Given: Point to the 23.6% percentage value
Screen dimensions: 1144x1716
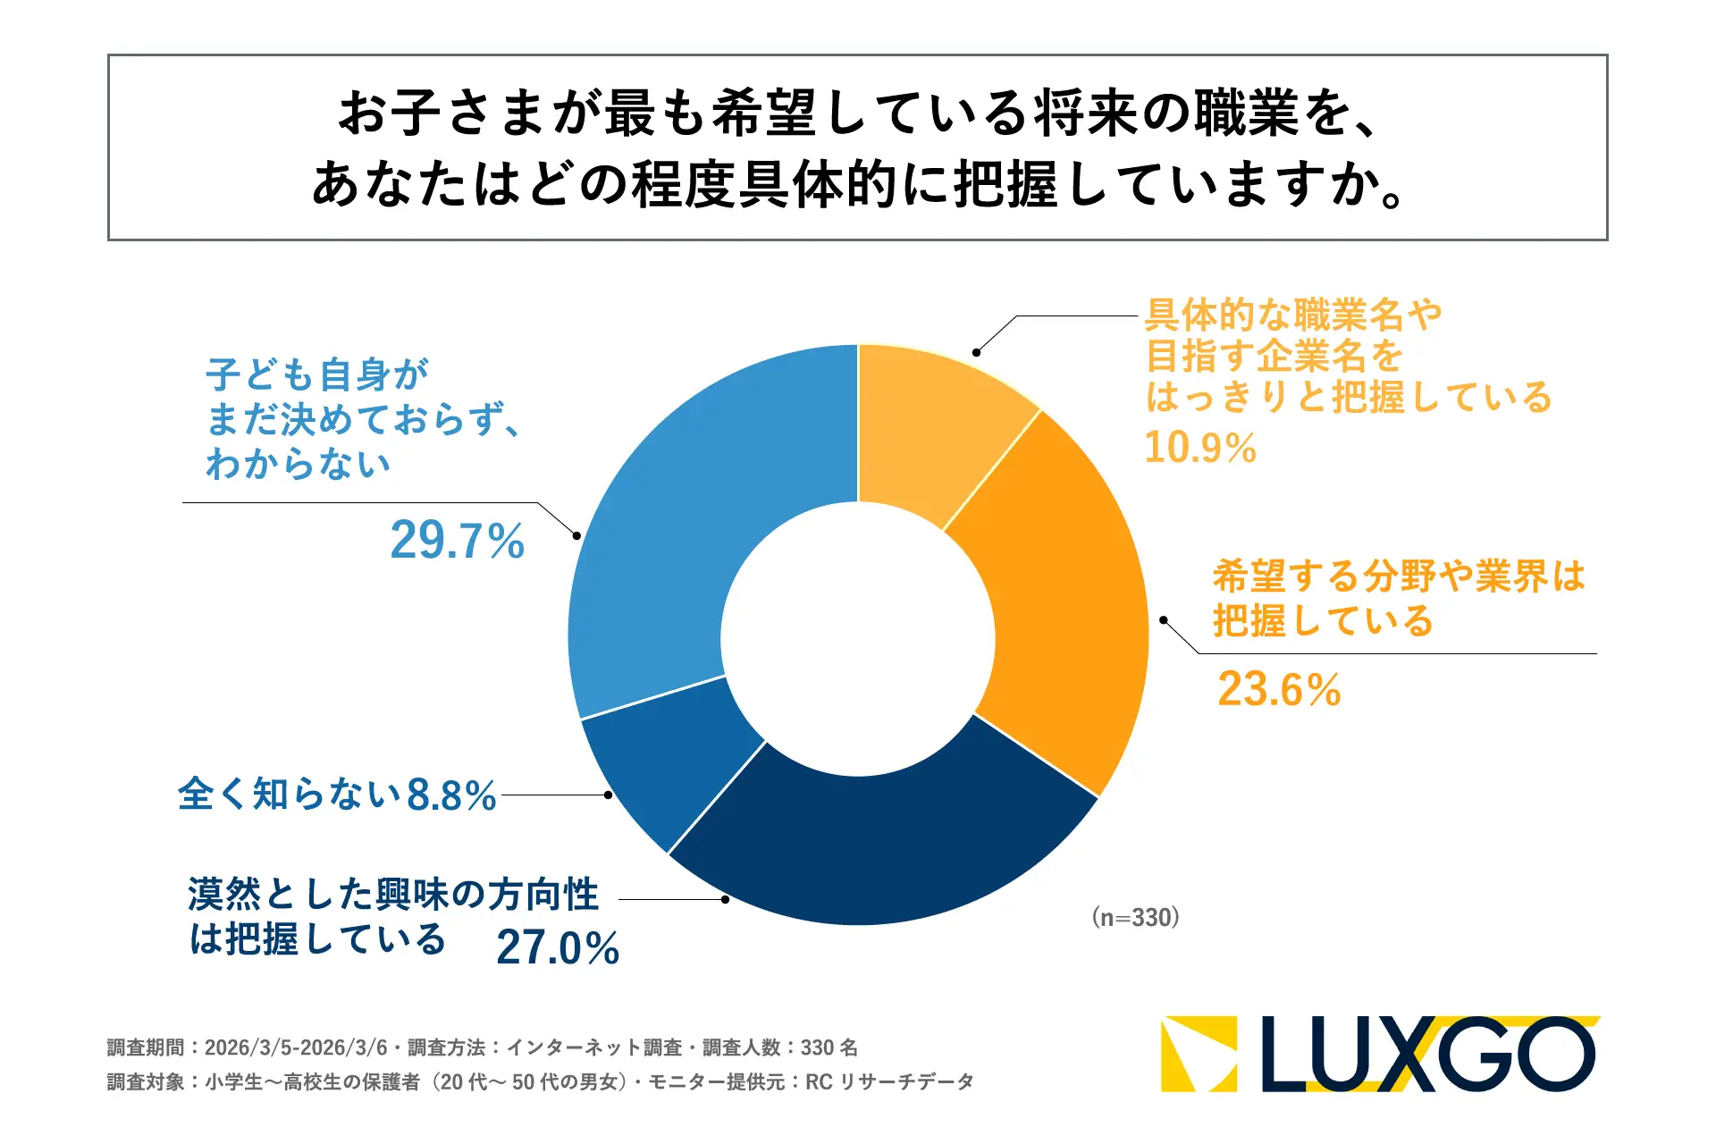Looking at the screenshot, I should [x=1279, y=690].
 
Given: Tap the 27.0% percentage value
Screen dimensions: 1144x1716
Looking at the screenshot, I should [x=558, y=948].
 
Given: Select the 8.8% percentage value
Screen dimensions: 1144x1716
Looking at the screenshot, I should [x=451, y=795].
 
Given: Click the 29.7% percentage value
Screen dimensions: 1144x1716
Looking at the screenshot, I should [x=458, y=542].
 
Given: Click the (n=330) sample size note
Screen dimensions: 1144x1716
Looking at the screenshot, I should [x=1135, y=918].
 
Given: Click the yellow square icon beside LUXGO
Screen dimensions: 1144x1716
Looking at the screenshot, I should [x=1199, y=1055].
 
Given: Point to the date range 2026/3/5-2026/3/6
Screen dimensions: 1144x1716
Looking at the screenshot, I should [x=296, y=1047].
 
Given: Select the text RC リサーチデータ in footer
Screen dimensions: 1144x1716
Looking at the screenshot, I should [x=889, y=1082].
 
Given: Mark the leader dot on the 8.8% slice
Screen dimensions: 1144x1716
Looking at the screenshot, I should [x=608, y=795].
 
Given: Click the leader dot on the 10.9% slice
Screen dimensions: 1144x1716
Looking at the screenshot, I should [x=977, y=352].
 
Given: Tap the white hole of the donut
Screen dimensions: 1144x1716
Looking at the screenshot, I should [x=858, y=638].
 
